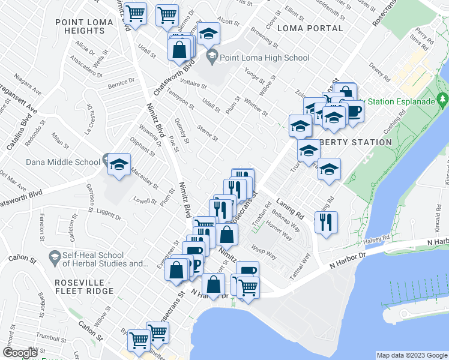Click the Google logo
(x=20, y=353)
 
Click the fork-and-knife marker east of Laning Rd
(x=326, y=223)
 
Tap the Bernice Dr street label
(x=121, y=83)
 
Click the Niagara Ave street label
(x=28, y=94)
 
